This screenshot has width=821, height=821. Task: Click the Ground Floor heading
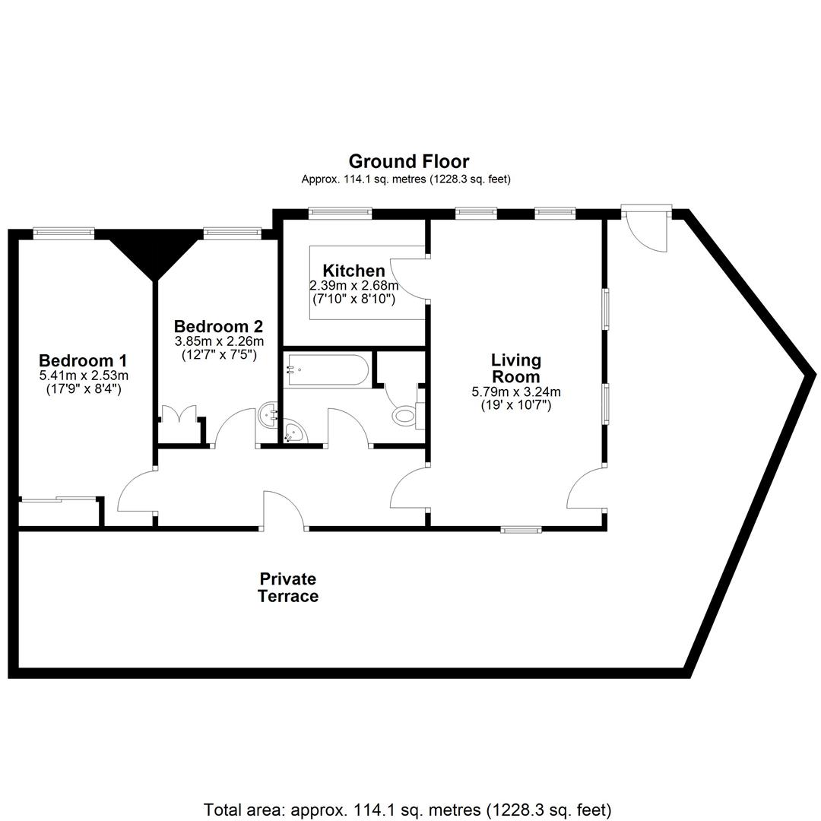(409, 161)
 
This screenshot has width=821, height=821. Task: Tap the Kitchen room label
(354, 271)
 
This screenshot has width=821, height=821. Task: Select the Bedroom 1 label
(83, 361)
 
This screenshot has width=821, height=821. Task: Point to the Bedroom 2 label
(218, 327)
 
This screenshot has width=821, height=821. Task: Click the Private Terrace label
(288, 588)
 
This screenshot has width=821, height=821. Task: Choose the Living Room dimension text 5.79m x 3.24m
(516, 391)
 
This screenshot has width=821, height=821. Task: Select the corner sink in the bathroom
(296, 432)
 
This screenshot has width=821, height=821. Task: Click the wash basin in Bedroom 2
(268, 416)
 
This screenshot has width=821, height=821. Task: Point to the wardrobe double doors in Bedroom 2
(179, 414)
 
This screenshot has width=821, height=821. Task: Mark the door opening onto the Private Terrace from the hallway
(284, 509)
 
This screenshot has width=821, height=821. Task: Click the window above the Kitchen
(340, 213)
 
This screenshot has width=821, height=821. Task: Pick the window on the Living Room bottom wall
(521, 530)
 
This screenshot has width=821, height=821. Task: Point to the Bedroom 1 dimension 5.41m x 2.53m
(84, 376)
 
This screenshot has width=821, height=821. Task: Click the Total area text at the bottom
(407, 810)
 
